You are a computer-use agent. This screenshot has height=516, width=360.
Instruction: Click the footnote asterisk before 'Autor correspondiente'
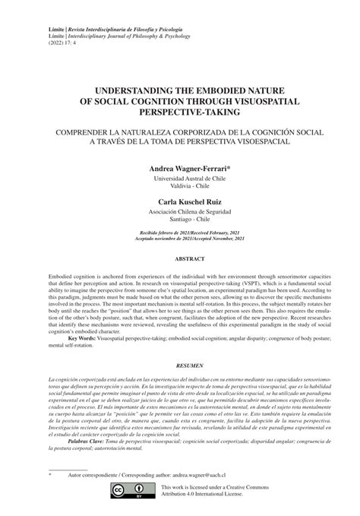tap(49, 473)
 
